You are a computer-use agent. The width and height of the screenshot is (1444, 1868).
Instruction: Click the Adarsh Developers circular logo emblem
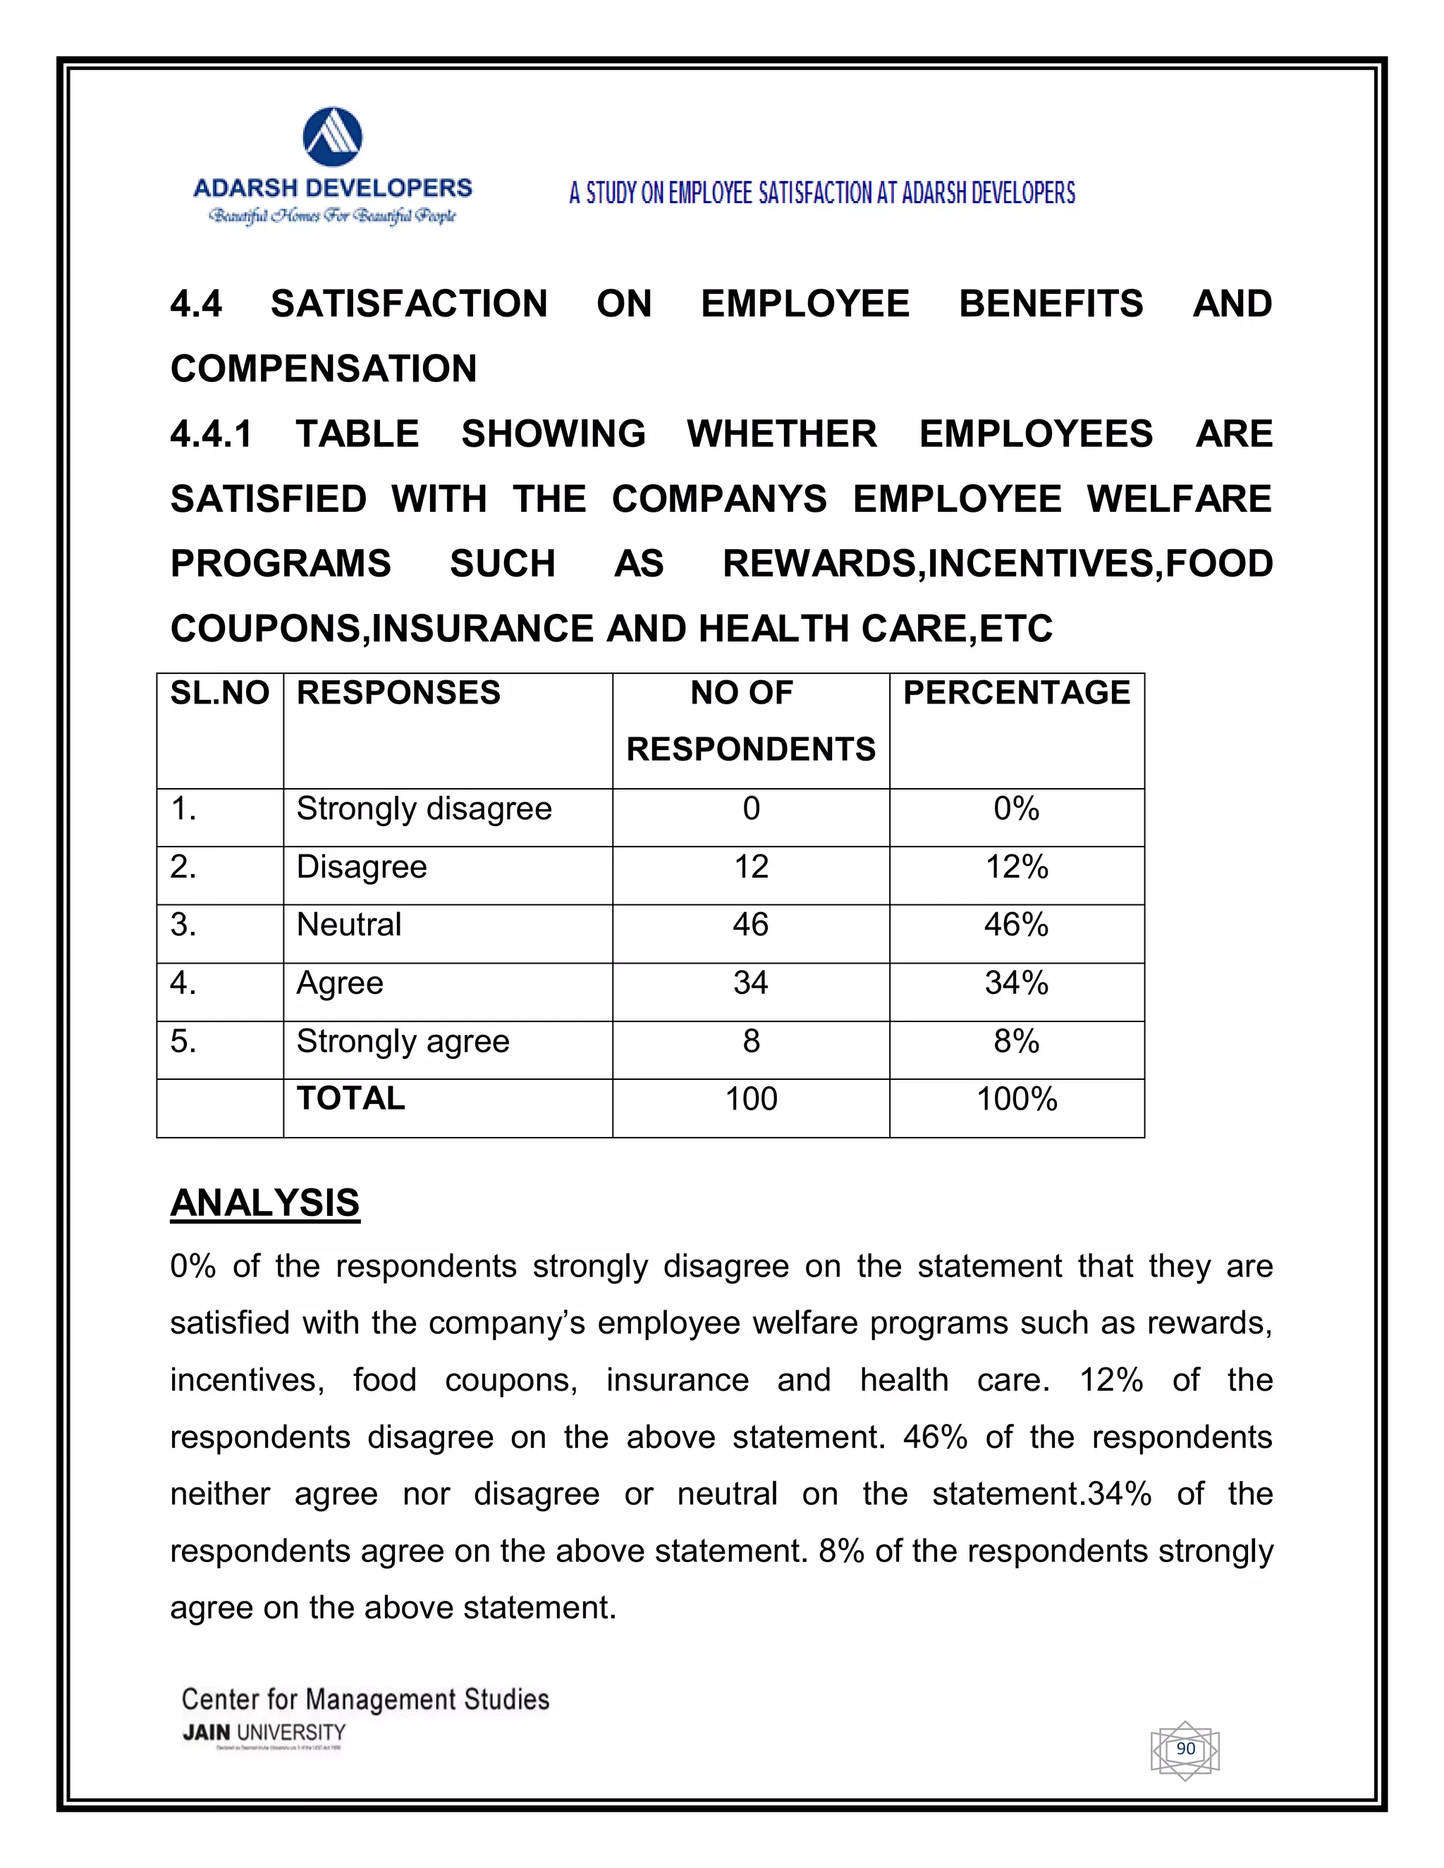(333, 137)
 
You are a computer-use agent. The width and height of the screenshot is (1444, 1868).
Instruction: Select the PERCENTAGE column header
(1016, 693)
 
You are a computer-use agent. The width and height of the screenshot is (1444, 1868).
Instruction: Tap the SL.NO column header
(220, 693)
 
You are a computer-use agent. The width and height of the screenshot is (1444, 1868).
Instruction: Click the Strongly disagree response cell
(424, 809)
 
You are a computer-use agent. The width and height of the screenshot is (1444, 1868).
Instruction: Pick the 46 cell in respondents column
(750, 926)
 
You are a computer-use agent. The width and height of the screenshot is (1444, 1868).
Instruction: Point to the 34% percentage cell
(1016, 983)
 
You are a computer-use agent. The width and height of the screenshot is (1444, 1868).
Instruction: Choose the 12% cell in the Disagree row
(1016, 867)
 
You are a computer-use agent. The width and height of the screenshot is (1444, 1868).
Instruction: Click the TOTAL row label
(350, 1099)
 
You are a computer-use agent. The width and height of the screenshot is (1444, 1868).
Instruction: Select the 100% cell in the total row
(1016, 1100)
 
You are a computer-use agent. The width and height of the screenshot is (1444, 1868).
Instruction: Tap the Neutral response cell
(349, 926)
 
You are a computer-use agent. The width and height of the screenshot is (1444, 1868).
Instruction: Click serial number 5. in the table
(183, 1042)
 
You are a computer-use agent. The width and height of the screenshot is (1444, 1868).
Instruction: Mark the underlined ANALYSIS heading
(265, 1203)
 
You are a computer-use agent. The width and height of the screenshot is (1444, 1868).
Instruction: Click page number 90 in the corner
(1185, 1749)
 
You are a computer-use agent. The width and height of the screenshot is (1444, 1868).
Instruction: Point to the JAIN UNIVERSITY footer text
(264, 1733)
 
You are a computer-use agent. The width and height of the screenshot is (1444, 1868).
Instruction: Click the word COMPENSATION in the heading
(324, 369)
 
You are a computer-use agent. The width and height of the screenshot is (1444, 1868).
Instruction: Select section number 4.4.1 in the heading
(212, 434)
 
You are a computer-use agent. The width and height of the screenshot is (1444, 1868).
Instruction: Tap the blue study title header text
(821, 193)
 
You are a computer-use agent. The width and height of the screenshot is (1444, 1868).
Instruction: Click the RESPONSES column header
(398, 693)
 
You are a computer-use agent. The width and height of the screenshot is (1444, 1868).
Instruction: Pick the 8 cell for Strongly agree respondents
(750, 1042)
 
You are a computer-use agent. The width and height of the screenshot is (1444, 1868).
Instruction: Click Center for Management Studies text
(365, 1699)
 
